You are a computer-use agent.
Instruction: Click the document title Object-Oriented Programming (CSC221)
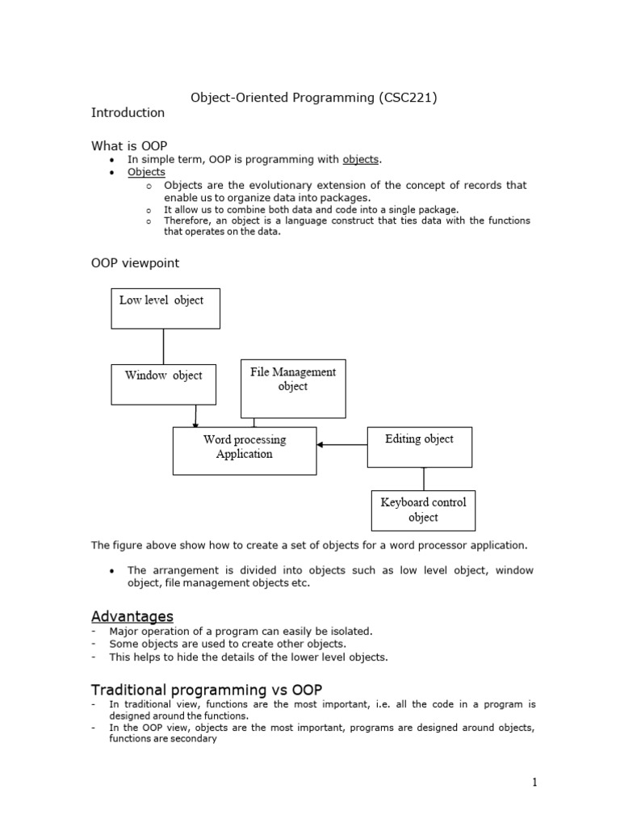313,98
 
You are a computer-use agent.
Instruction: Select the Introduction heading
128,113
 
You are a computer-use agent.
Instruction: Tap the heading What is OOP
129,145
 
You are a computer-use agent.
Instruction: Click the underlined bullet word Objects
146,172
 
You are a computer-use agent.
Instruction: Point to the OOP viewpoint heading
136,263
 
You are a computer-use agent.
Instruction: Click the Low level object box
165,309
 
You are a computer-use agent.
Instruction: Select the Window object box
163,384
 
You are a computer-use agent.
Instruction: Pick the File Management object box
293,388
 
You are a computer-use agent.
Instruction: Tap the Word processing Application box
244,451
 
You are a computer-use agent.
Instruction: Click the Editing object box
419,447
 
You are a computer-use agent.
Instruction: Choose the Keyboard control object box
423,510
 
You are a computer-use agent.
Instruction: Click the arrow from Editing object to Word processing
341,444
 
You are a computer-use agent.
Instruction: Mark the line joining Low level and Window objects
164,346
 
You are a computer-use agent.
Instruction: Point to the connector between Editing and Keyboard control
424,478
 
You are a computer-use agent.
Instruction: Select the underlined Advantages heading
132,616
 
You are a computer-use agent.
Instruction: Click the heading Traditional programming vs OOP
207,689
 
